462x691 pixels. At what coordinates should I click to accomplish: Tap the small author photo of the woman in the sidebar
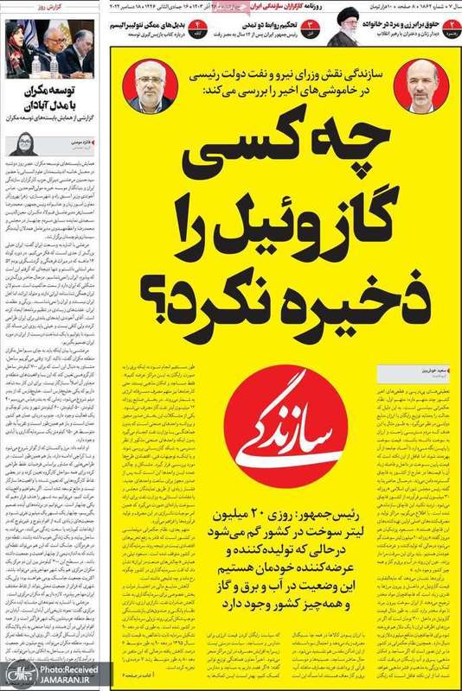click(22, 143)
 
